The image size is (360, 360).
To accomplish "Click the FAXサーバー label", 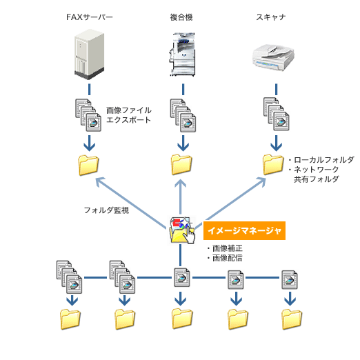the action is pyautogui.click(x=90, y=17).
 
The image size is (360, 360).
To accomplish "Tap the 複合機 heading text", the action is pyautogui.click(x=181, y=17).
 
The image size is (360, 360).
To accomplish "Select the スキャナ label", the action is pyautogui.click(x=271, y=17).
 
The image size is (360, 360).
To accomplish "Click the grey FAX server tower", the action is pyautogui.click(x=89, y=54).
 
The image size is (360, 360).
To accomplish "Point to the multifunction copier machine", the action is pyautogui.click(x=183, y=54).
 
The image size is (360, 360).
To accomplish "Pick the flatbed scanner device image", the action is pyautogui.click(x=273, y=57).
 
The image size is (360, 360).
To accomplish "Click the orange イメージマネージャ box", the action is pyautogui.click(x=244, y=230).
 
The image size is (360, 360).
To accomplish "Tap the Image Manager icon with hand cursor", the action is pyautogui.click(x=182, y=230).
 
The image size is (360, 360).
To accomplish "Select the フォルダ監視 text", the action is pyautogui.click(x=106, y=210).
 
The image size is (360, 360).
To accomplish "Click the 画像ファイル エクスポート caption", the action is pyautogui.click(x=129, y=115).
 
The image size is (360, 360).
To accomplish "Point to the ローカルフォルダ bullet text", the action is pyautogui.click(x=321, y=160).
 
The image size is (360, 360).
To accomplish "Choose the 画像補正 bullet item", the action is pyautogui.click(x=225, y=248).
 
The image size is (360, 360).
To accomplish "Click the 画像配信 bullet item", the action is pyautogui.click(x=225, y=258).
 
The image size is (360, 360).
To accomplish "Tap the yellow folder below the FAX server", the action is pyautogui.click(x=88, y=166).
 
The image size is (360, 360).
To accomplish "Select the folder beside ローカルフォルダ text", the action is pyautogui.click(x=273, y=165).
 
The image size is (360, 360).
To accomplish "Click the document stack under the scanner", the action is pyautogui.click(x=277, y=114).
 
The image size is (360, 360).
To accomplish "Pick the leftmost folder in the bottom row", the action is pyautogui.click(x=70, y=319).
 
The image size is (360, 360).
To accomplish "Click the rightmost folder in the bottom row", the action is pyautogui.click(x=292, y=319).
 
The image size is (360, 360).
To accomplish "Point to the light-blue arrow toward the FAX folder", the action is pyautogui.click(x=130, y=203).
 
